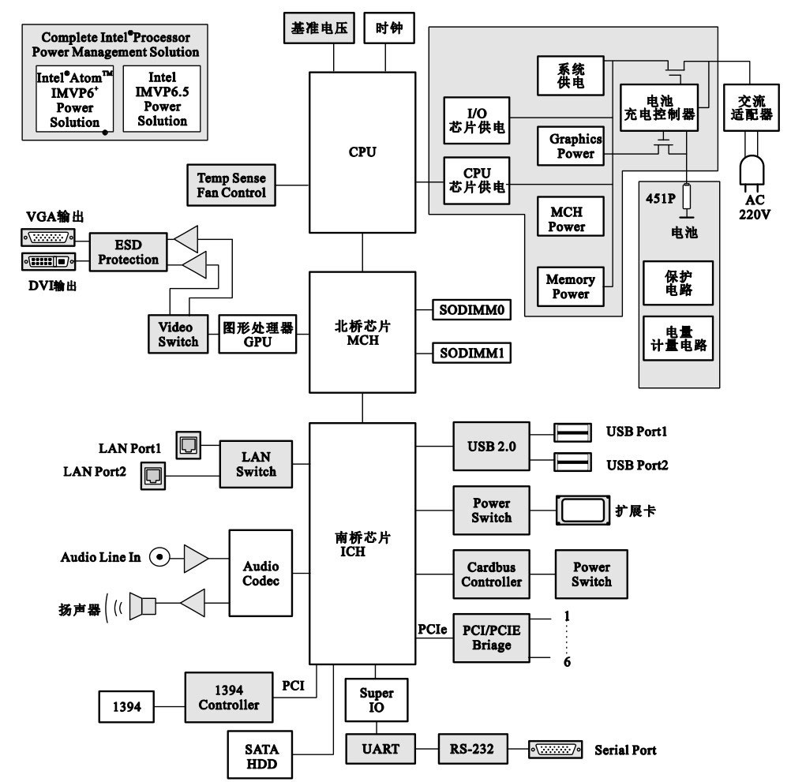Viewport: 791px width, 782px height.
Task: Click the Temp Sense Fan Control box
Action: pyautogui.click(x=231, y=185)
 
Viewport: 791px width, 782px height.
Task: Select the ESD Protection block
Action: pyautogui.click(x=129, y=252)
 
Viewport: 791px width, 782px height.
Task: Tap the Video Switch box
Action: pyautogui.click(x=178, y=334)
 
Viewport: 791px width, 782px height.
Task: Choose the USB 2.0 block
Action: pyautogui.click(x=491, y=446)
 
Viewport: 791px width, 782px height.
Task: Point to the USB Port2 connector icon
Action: pyautogui.click(x=573, y=463)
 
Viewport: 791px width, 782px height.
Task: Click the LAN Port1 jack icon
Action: pyautogui.click(x=189, y=446)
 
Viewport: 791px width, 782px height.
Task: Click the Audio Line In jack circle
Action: pyautogui.click(x=160, y=557)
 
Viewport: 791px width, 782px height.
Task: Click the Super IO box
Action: pyautogui.click(x=377, y=700)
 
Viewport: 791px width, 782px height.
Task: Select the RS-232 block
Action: pyautogui.click(x=472, y=749)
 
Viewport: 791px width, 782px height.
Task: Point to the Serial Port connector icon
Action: pyautogui.click(x=555, y=750)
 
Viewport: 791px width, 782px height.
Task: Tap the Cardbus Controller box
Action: pyautogui.click(x=491, y=574)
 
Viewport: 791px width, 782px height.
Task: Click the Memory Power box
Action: pyautogui.click(x=571, y=286)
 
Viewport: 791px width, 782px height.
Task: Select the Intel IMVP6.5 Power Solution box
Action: pyautogui.click(x=162, y=99)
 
